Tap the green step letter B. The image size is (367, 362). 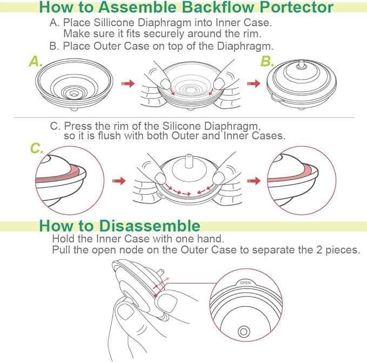point(267,61)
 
